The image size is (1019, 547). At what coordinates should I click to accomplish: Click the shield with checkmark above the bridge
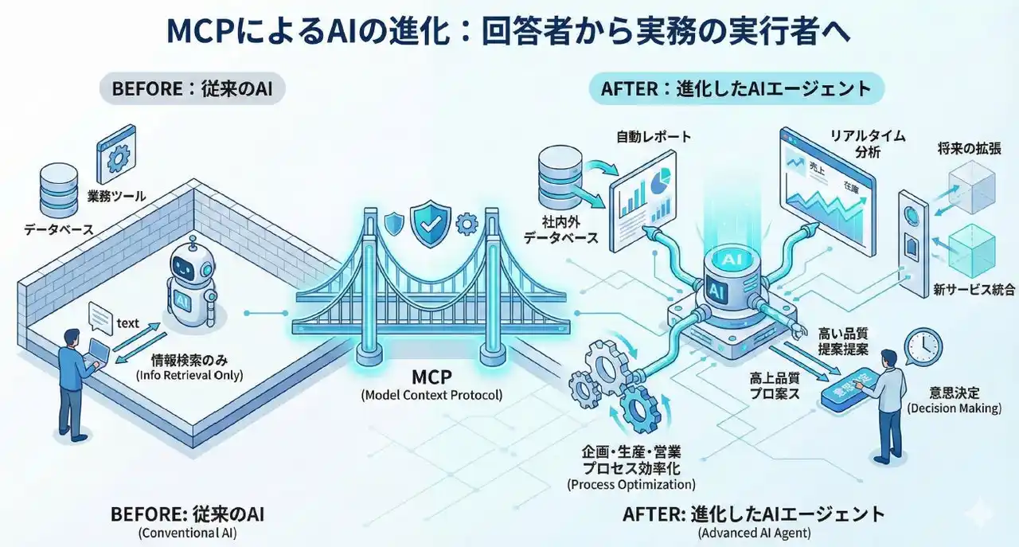pyautogui.click(x=430, y=224)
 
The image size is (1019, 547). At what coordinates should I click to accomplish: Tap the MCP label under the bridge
pyautogui.click(x=431, y=375)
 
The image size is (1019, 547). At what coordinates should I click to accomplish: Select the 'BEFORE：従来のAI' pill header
pyautogui.click(x=192, y=88)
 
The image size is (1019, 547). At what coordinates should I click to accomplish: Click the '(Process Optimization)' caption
pyautogui.click(x=631, y=484)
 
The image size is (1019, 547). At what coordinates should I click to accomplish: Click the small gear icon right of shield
pyautogui.click(x=465, y=225)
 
